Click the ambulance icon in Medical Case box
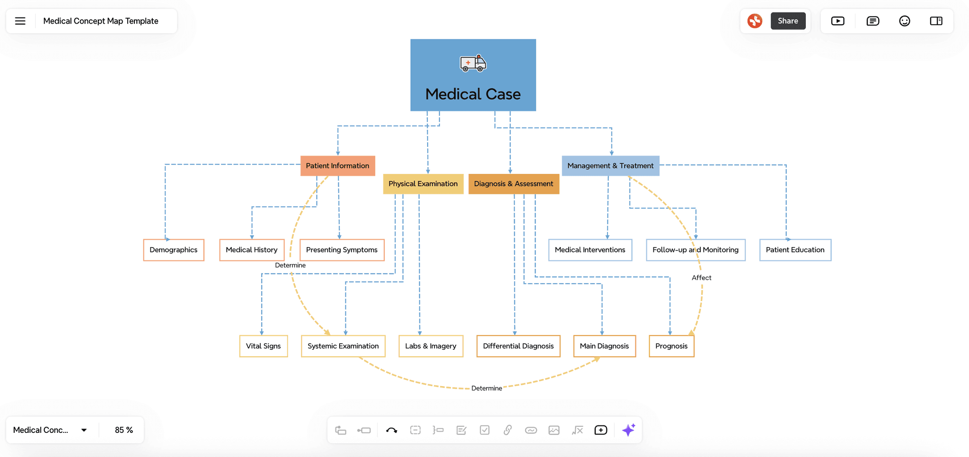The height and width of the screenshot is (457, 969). [473, 63]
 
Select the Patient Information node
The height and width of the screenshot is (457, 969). [337, 166]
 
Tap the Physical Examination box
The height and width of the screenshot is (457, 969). [423, 184]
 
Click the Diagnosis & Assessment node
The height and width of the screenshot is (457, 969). [513, 184]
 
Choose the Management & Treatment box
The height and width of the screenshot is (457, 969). [610, 166]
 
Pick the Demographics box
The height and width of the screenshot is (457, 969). [174, 250]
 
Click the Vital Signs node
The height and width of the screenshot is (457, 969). [263, 346]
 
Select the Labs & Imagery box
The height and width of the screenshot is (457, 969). [431, 346]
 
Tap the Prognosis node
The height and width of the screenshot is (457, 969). [671, 346]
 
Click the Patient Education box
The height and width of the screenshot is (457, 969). [795, 250]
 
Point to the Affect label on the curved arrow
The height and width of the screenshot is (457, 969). [701, 278]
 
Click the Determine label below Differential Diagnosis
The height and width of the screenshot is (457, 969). [486, 388]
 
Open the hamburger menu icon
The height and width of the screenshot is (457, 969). [20, 21]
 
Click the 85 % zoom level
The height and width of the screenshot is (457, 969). [123, 430]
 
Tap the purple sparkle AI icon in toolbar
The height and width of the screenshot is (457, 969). [628, 430]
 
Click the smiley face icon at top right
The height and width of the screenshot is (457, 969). [904, 21]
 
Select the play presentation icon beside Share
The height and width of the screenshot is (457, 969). [837, 21]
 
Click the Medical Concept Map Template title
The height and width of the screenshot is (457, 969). [101, 21]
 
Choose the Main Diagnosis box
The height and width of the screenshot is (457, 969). [604, 346]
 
